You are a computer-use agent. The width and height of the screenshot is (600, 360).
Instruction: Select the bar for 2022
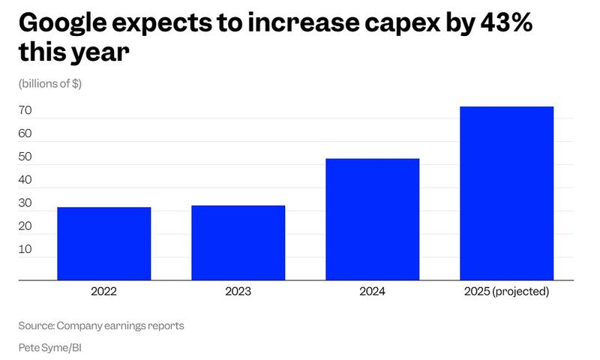(x=103, y=244)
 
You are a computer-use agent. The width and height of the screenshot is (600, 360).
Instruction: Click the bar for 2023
(x=238, y=243)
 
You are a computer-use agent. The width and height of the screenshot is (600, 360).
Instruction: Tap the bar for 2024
(x=372, y=220)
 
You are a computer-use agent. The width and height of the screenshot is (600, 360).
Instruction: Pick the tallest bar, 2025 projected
(x=506, y=193)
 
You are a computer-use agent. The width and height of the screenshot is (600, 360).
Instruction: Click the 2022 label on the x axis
(x=103, y=291)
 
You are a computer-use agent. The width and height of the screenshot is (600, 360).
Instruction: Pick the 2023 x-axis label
(x=238, y=291)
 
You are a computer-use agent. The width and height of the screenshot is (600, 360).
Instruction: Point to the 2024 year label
(x=372, y=291)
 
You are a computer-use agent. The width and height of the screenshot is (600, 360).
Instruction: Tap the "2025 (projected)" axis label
(x=506, y=291)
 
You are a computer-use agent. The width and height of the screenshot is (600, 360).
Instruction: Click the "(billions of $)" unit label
(x=50, y=83)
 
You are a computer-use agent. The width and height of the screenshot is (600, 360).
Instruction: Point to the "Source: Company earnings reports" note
(x=101, y=325)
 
